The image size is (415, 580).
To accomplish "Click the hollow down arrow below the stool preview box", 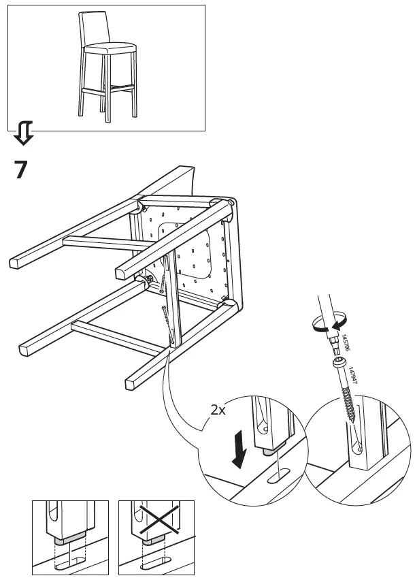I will click(x=22, y=133).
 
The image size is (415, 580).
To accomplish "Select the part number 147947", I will click(x=352, y=376).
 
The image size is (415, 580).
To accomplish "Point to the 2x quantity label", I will click(x=218, y=410).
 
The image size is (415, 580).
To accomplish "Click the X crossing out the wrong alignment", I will click(x=156, y=521).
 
